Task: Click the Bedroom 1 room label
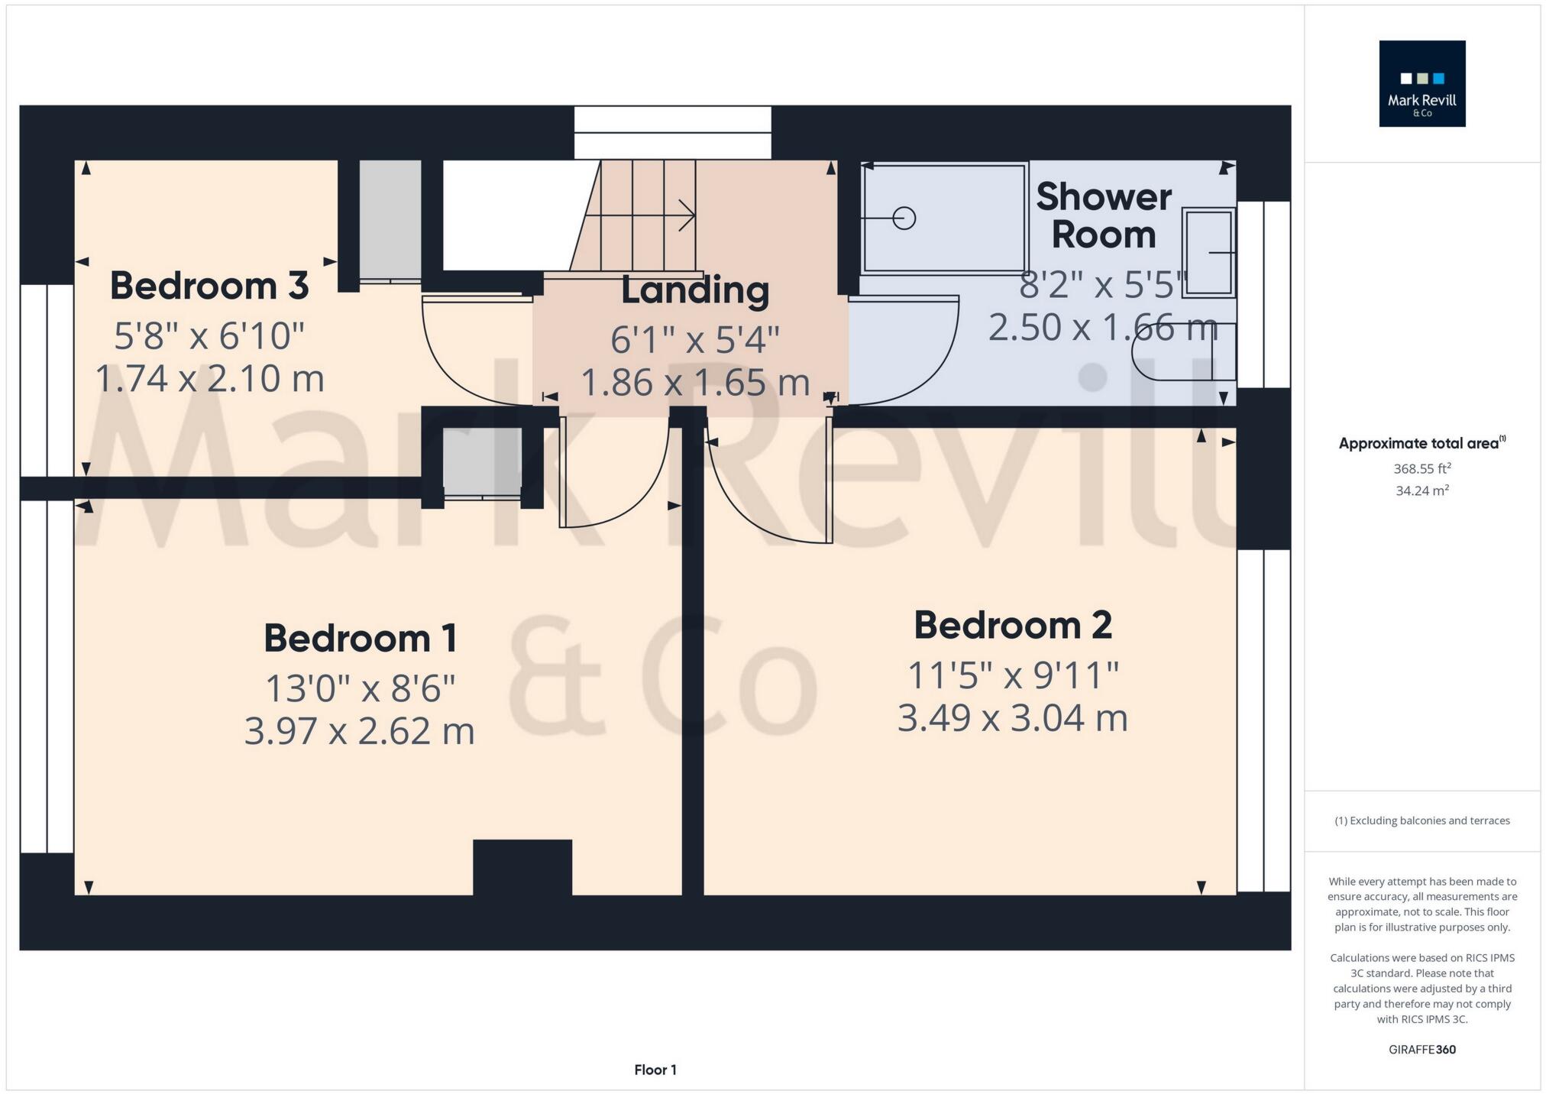[x=360, y=639]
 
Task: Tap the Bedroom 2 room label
[x=1012, y=626]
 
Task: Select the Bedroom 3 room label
[x=209, y=286]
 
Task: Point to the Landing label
[x=694, y=290]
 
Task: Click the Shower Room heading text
[x=1103, y=215]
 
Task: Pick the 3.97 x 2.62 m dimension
[x=359, y=731]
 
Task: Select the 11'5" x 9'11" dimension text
[x=1012, y=675]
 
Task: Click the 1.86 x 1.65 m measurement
[x=694, y=382]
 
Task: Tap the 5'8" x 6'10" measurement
[x=209, y=336]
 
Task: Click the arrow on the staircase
[x=685, y=215]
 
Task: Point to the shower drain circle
[x=904, y=218]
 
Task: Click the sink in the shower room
[x=1208, y=251]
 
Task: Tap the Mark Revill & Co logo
[x=1421, y=84]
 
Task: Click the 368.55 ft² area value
[x=1421, y=468]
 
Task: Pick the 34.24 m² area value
[x=1421, y=490]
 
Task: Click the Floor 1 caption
[x=655, y=1070]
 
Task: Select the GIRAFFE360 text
[x=1421, y=1049]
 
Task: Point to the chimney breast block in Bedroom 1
[x=522, y=866]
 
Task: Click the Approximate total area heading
[x=1421, y=443]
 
